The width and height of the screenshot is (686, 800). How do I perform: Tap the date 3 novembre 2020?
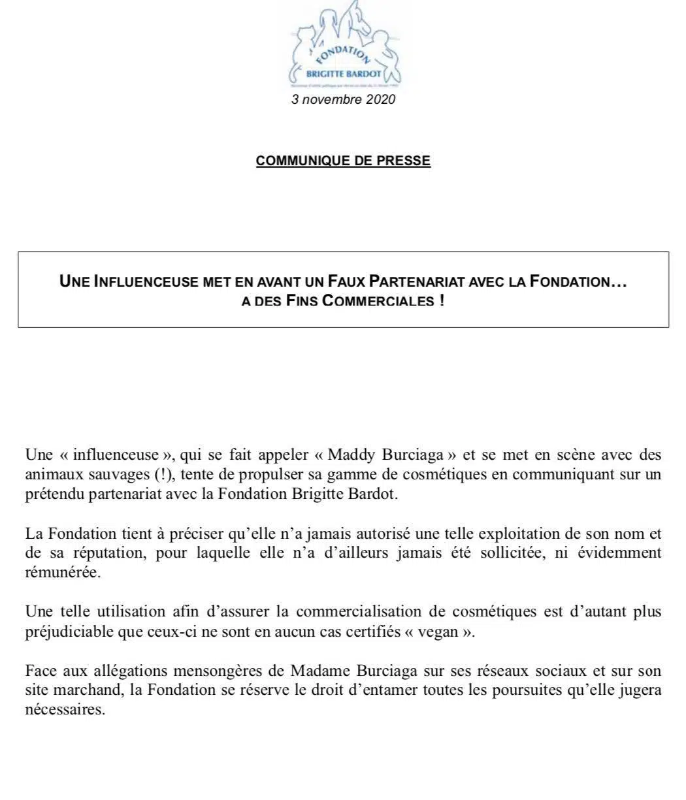point(343,100)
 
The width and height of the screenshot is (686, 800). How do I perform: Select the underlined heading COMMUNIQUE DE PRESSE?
point(343,161)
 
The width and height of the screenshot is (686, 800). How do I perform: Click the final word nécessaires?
point(65,711)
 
